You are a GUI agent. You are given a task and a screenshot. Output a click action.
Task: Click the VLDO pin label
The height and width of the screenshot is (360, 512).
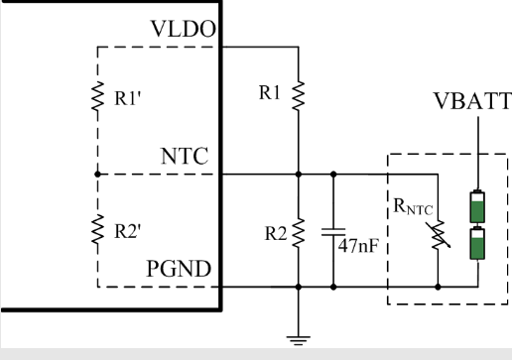[184, 29]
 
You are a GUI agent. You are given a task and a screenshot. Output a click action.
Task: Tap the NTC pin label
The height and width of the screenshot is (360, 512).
[185, 156]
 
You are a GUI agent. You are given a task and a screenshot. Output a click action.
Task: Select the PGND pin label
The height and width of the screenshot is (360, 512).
[179, 269]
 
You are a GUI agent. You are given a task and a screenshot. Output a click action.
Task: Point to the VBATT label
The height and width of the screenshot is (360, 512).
[472, 101]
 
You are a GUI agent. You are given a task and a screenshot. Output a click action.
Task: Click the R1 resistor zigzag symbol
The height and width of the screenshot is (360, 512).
[299, 95]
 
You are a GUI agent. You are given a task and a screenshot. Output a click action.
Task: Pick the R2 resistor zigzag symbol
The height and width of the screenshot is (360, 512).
[299, 232]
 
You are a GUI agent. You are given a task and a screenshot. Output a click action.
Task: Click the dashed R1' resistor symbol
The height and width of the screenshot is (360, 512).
[97, 96]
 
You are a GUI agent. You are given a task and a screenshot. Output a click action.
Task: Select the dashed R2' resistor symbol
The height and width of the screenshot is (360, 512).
[97, 229]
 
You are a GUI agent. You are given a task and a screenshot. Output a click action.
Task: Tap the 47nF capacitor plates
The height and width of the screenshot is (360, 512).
[333, 232]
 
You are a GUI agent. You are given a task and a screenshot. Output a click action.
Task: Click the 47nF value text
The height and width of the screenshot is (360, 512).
[358, 246]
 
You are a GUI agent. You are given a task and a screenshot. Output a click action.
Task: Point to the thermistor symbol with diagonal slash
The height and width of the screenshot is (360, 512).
[439, 235]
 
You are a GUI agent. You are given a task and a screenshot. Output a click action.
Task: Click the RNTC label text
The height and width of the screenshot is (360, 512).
[413, 207]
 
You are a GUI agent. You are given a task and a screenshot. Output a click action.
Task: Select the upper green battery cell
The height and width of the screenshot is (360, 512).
[477, 207]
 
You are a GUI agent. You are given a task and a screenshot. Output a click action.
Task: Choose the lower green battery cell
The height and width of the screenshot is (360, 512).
[477, 243]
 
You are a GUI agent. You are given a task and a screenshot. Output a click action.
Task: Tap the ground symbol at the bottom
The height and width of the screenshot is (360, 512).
[299, 340]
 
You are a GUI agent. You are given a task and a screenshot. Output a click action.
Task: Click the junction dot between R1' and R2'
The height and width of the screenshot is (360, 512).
[97, 174]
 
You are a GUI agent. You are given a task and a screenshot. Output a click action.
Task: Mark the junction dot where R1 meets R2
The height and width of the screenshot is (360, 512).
[299, 174]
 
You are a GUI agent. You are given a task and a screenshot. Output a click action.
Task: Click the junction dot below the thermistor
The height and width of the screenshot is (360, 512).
[438, 287]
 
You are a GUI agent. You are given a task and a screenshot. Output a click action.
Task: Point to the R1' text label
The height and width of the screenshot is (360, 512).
[128, 98]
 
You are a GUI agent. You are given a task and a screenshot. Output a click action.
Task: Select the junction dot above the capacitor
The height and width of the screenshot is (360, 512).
[333, 174]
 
